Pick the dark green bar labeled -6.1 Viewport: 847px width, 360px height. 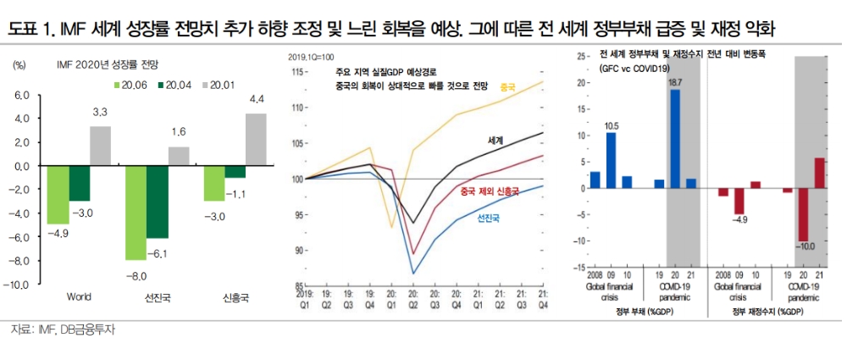tap(158, 202)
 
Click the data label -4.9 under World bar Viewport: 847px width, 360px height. tap(58, 232)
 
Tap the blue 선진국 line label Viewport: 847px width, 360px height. tap(488, 218)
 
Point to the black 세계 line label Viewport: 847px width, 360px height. tap(496, 138)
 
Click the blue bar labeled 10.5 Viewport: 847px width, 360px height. tap(611, 160)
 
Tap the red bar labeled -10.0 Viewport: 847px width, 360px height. tap(804, 214)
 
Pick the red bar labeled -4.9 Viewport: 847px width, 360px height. tap(739, 201)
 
